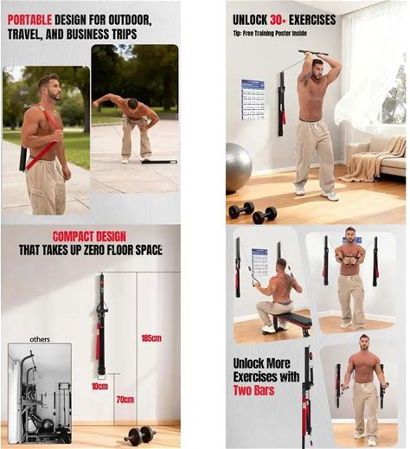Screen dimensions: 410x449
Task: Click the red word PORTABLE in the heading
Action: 29,20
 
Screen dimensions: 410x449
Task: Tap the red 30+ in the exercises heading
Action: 278,20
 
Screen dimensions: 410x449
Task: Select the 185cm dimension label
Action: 151,338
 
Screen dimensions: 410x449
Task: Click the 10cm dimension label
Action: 99,387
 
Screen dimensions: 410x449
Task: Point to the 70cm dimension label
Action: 125,400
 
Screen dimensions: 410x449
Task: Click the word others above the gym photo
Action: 40,339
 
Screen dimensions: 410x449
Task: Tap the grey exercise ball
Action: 238,168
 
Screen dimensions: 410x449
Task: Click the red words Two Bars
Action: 253,390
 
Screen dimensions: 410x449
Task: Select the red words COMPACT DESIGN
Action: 90,237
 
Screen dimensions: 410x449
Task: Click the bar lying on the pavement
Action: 159,162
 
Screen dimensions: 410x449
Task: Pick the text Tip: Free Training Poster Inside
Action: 270,34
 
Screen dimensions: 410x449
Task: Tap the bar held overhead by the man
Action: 314,53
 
